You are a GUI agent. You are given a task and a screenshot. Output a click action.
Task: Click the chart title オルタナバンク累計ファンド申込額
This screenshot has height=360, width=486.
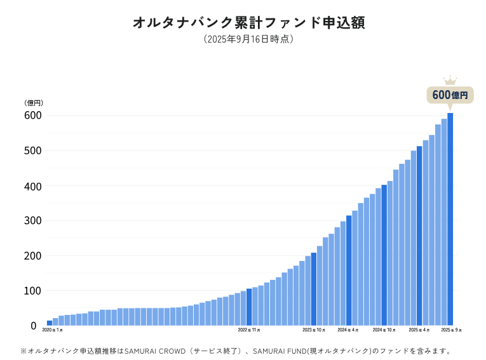(x=248, y=23)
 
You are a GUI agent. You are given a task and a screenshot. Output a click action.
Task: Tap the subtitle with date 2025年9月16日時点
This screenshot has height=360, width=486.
(x=248, y=39)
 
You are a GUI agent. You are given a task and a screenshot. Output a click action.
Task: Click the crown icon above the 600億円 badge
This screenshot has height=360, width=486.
(x=450, y=81)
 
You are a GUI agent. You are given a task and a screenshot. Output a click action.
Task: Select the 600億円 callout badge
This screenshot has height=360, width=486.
(x=450, y=95)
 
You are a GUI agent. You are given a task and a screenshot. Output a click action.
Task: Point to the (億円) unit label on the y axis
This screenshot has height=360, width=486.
(x=33, y=103)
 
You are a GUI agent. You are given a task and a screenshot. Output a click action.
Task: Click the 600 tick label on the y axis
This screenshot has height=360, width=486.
(x=33, y=116)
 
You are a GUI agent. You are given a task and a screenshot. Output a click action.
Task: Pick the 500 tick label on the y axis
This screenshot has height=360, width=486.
(x=33, y=150)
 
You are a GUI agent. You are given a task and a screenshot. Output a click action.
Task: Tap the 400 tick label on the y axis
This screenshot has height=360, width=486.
(x=33, y=186)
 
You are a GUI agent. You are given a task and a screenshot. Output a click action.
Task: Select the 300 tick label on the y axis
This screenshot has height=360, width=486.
(x=33, y=221)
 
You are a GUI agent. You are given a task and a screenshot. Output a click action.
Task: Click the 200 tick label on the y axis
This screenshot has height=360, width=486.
(x=33, y=256)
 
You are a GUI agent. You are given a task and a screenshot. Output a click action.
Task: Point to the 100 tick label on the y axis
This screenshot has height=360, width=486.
(x=33, y=291)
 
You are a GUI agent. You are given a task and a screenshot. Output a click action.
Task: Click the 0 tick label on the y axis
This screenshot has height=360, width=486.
(x=34, y=326)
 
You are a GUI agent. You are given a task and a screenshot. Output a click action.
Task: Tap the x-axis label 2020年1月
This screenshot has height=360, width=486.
(x=53, y=330)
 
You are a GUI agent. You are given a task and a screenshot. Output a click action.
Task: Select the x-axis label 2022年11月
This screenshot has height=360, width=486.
(x=249, y=330)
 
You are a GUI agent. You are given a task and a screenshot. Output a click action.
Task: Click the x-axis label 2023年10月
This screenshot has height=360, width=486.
(x=313, y=330)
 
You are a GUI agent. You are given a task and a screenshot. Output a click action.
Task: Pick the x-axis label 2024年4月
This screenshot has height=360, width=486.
(x=348, y=330)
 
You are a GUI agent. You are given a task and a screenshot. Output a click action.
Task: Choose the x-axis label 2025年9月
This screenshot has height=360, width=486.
(x=451, y=330)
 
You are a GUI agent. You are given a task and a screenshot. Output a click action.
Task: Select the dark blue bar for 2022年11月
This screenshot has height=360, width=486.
(x=249, y=307)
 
